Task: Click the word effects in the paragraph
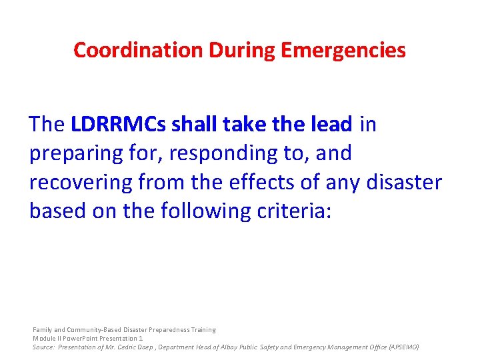251,182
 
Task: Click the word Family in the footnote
43,329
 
